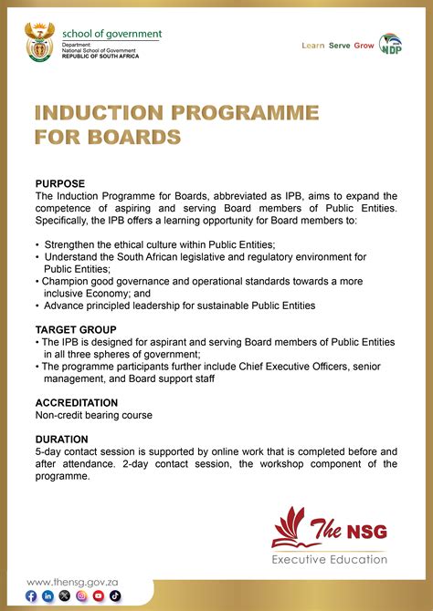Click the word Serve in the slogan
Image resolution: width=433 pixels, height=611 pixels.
339,45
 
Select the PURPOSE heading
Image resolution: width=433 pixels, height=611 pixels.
59,183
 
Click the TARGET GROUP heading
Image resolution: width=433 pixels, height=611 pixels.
76,329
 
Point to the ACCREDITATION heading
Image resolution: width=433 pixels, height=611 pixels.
77,402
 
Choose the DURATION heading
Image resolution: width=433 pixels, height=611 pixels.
62,439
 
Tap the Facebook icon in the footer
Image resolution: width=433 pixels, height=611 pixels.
32,595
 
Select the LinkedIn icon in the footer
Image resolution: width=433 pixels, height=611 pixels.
48,595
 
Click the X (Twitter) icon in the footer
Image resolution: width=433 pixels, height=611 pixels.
64,595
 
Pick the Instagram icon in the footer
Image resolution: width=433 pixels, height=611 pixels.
81,595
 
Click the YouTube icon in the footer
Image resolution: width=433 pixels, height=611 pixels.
98,595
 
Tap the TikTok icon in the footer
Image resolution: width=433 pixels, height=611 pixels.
114,595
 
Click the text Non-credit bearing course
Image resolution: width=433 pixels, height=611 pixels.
93,415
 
